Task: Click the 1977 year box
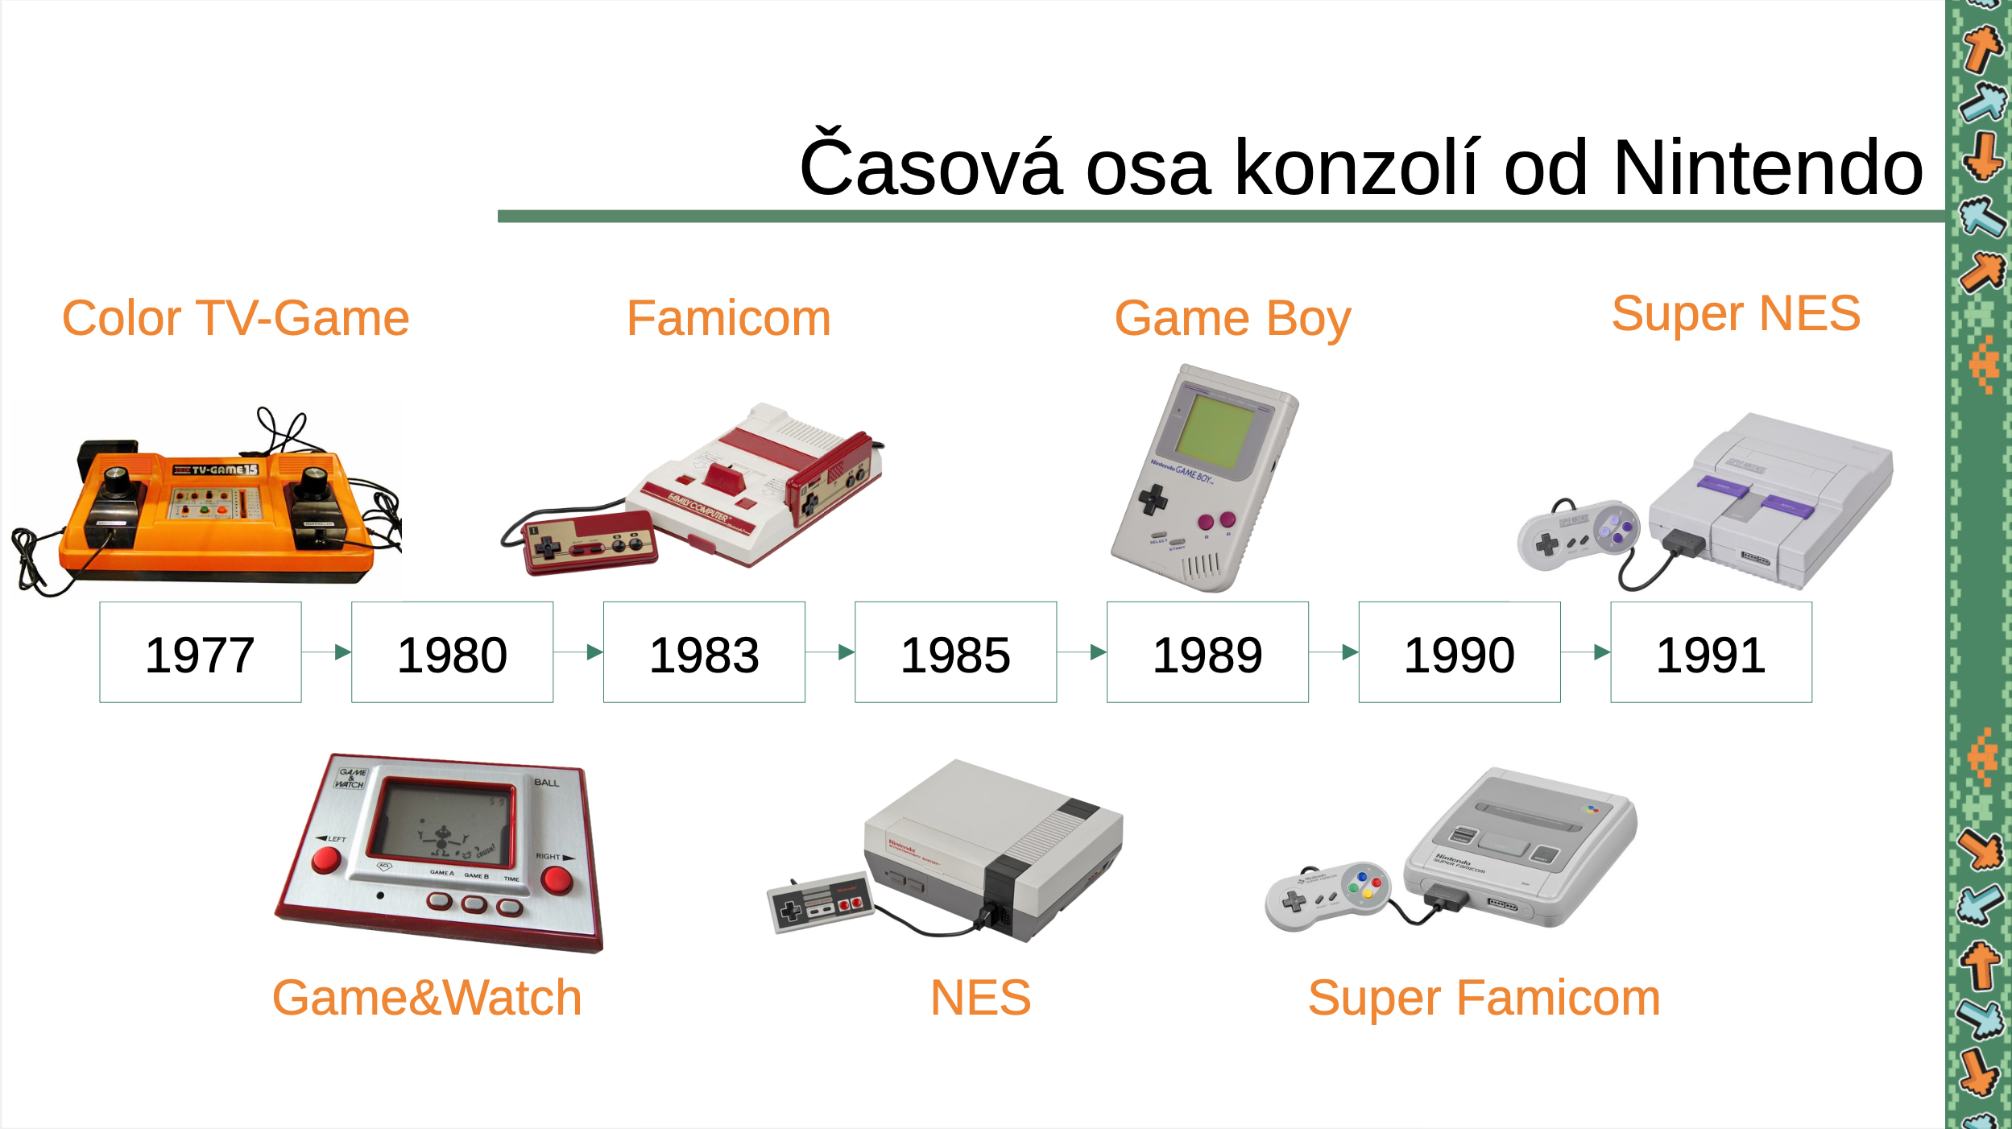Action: pos(201,652)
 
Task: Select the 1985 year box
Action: pos(956,652)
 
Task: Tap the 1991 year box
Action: pos(1712,652)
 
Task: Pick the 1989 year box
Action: pos(1208,652)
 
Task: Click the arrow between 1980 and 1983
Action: pos(578,652)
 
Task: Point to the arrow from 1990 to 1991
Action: pos(1586,652)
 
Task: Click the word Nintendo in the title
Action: pos(1769,167)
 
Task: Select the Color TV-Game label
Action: pos(236,318)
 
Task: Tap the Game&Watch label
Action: pos(427,998)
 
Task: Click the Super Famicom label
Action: pos(1484,999)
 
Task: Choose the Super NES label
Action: pos(1737,313)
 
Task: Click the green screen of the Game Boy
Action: pos(1215,431)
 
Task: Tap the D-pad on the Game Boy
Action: pos(1153,499)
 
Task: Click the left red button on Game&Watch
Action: pos(326,859)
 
